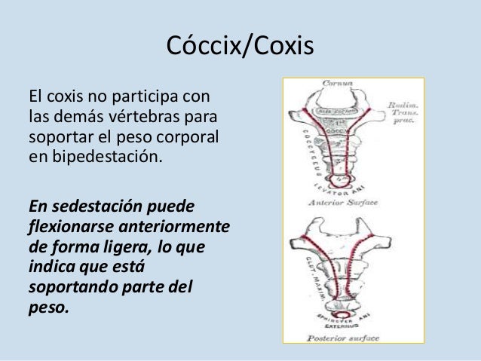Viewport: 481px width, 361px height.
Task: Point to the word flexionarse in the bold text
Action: tap(67, 227)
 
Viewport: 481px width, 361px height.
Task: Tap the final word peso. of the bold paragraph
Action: tap(47, 308)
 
